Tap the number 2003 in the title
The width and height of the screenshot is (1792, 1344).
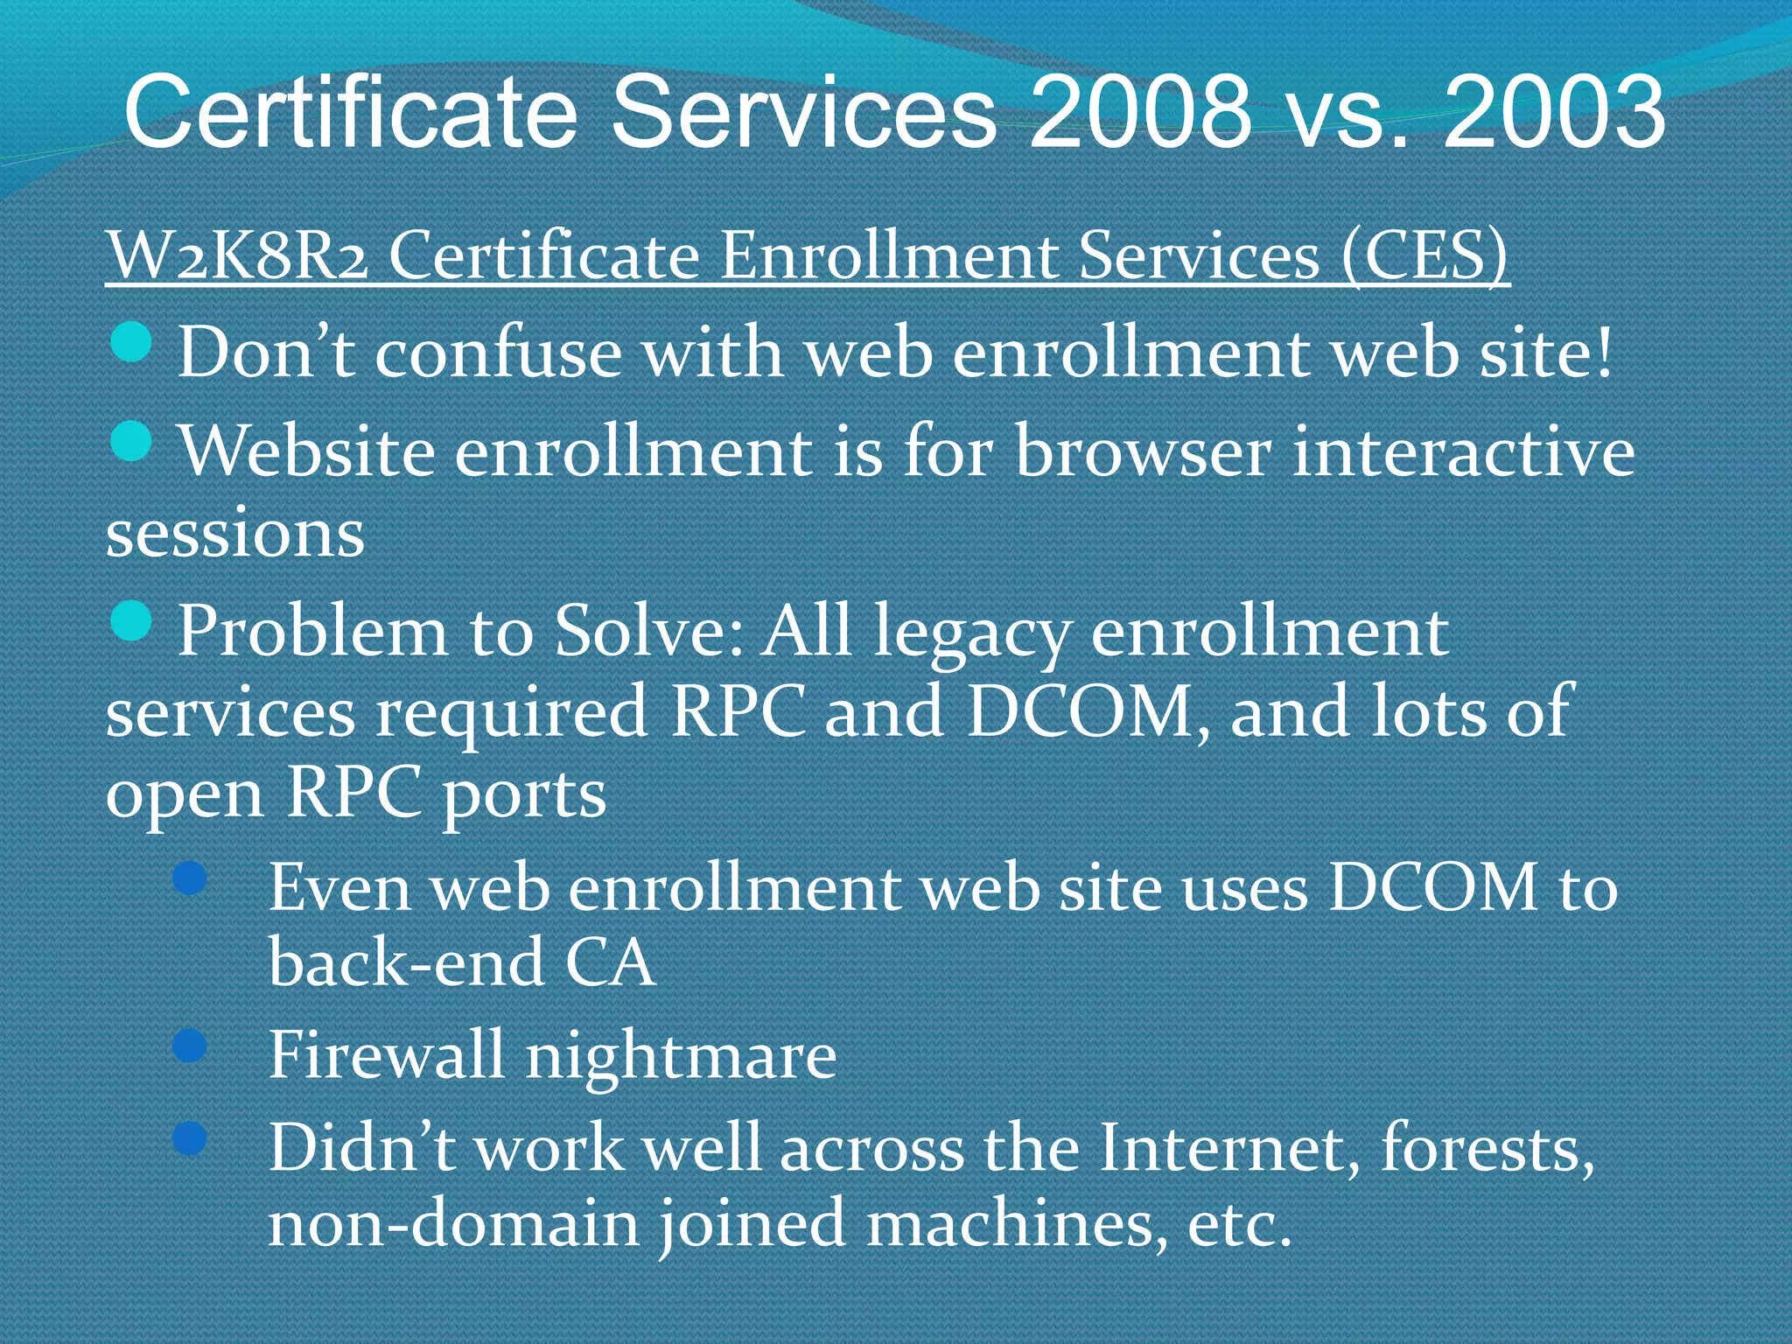[1553, 112]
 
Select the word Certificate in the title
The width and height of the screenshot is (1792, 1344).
[351, 112]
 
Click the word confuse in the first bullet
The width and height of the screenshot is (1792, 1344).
[498, 353]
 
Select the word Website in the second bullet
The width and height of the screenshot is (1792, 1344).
[307, 451]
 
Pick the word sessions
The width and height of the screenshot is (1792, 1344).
[234, 534]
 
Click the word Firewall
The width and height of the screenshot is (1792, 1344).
[386, 1054]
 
